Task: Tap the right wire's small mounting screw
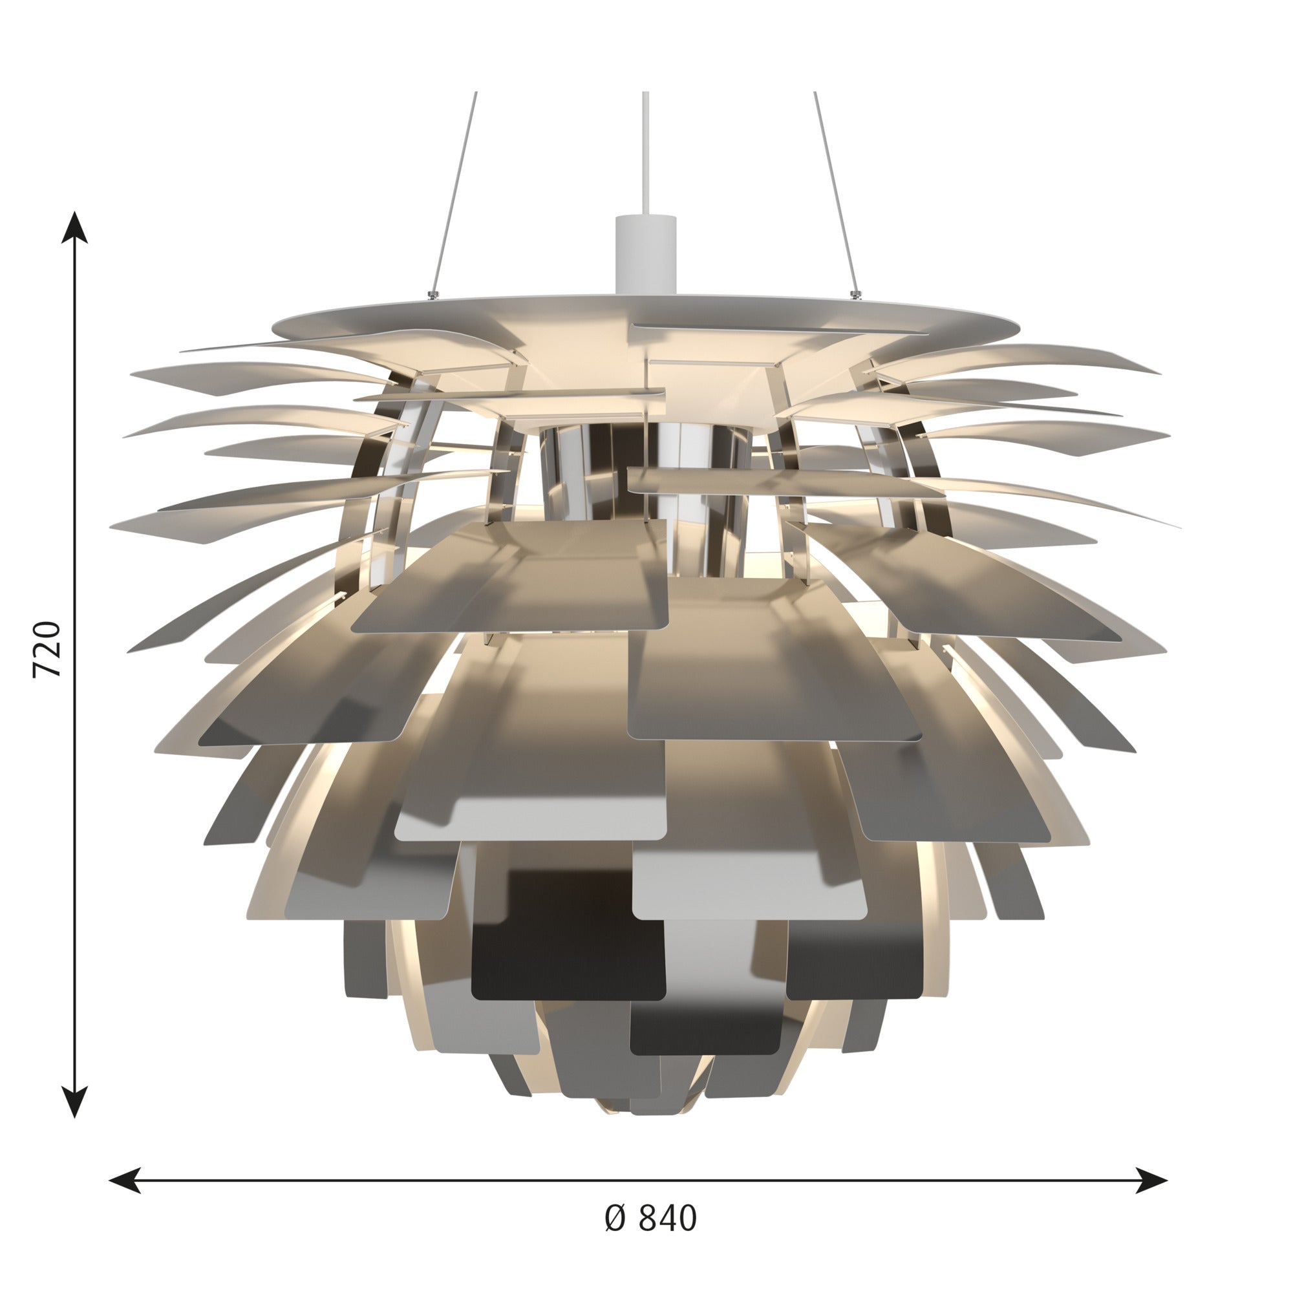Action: (854, 293)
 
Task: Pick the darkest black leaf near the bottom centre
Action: (569, 957)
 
